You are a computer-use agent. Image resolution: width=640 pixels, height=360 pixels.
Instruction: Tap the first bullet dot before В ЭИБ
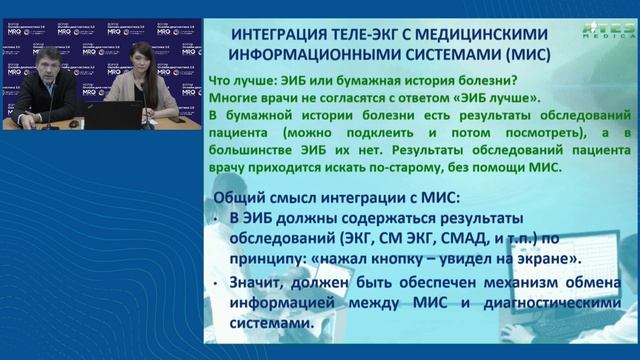pos(220,216)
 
